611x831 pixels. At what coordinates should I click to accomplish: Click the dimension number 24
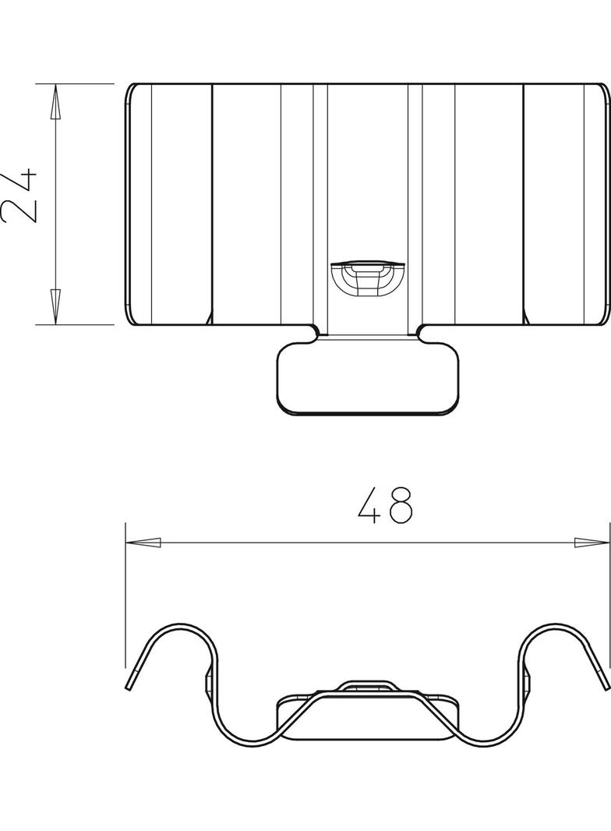19,196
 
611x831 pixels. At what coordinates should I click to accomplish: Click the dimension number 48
385,506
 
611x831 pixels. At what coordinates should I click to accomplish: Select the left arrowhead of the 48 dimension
143,542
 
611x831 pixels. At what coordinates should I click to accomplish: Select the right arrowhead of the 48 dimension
592,542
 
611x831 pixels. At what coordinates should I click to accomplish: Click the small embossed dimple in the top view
367,278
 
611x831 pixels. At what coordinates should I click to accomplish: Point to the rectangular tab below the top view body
367,378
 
